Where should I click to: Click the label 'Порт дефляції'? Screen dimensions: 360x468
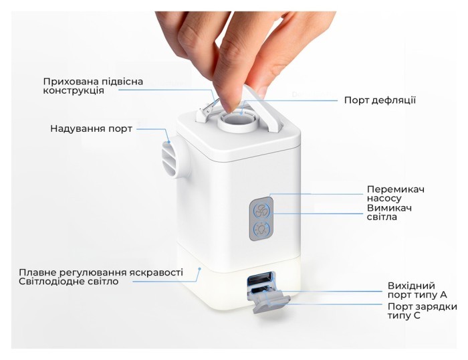380,100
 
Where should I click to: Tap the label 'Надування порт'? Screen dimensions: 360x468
91,128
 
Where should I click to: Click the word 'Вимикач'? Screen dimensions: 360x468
389,208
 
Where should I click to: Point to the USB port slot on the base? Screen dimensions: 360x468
261,280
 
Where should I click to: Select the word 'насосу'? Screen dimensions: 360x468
386,199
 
